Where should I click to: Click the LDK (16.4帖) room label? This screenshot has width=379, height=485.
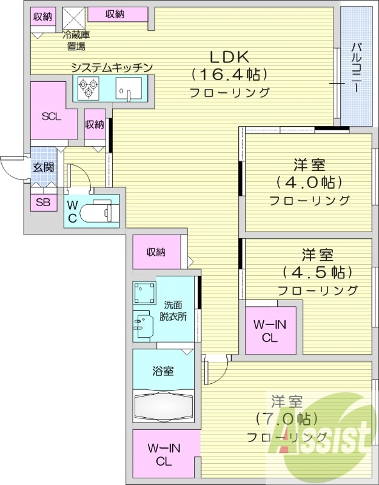tap(229, 74)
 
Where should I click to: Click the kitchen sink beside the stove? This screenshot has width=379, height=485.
tap(127, 92)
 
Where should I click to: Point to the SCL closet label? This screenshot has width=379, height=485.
tap(51, 117)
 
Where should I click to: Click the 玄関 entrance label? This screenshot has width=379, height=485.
tap(42, 167)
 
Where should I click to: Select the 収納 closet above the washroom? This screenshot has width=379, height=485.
tap(156, 252)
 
